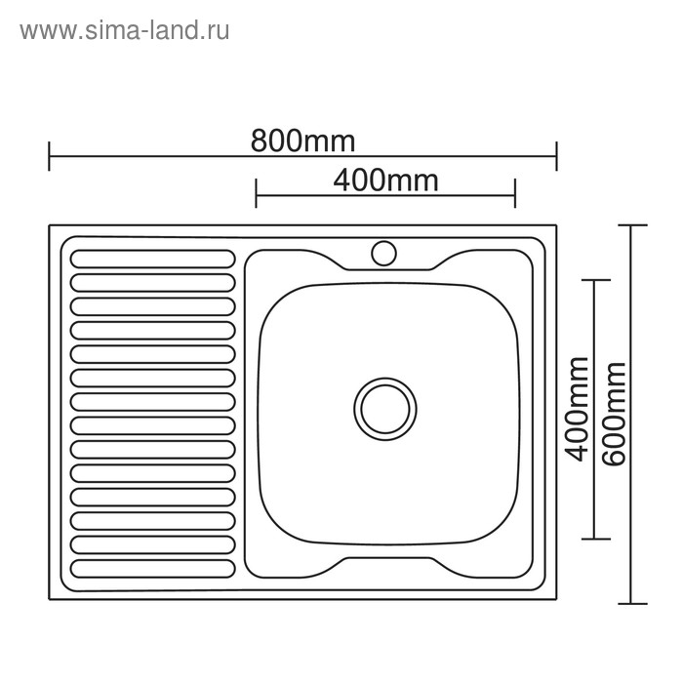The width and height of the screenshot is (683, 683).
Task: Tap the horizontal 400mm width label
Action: [385, 181]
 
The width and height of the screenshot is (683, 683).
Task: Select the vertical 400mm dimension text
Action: [578, 409]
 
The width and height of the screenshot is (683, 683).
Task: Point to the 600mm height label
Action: [616, 414]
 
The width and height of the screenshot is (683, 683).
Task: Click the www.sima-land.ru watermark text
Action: [124, 30]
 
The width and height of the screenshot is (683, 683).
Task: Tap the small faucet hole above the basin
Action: [383, 254]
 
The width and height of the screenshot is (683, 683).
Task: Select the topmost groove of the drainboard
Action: [153, 260]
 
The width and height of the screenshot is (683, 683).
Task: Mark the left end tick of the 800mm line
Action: [49, 155]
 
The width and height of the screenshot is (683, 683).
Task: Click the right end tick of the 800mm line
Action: [556, 155]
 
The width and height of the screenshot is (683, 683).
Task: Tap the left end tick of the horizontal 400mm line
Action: [256, 193]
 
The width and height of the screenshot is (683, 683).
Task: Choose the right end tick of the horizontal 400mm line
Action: [514, 193]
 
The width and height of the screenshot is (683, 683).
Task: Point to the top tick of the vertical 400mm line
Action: [594, 280]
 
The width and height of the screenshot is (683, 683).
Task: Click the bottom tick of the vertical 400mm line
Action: [594, 539]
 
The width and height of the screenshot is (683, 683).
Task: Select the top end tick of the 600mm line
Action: [631, 226]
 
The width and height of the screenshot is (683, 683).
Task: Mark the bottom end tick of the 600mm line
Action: [631, 603]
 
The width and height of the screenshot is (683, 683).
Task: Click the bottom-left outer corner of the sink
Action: [50, 598]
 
